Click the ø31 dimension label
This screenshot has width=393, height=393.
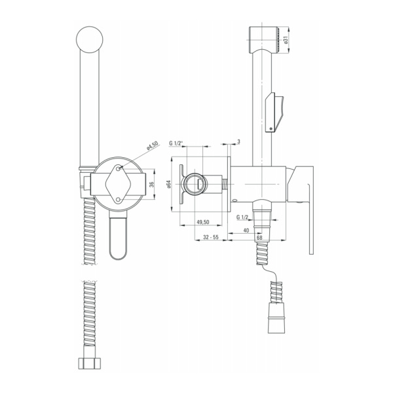286,39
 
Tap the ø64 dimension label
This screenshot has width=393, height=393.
168,184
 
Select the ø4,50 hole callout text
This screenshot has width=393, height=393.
153,145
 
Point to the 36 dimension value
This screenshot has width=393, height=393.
151,184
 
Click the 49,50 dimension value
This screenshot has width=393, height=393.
203,222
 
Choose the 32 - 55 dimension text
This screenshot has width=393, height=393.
211,237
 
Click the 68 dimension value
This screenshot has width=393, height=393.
259,237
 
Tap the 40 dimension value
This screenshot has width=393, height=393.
246,231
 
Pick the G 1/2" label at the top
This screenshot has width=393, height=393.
176,143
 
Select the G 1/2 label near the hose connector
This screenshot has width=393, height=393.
242,217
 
